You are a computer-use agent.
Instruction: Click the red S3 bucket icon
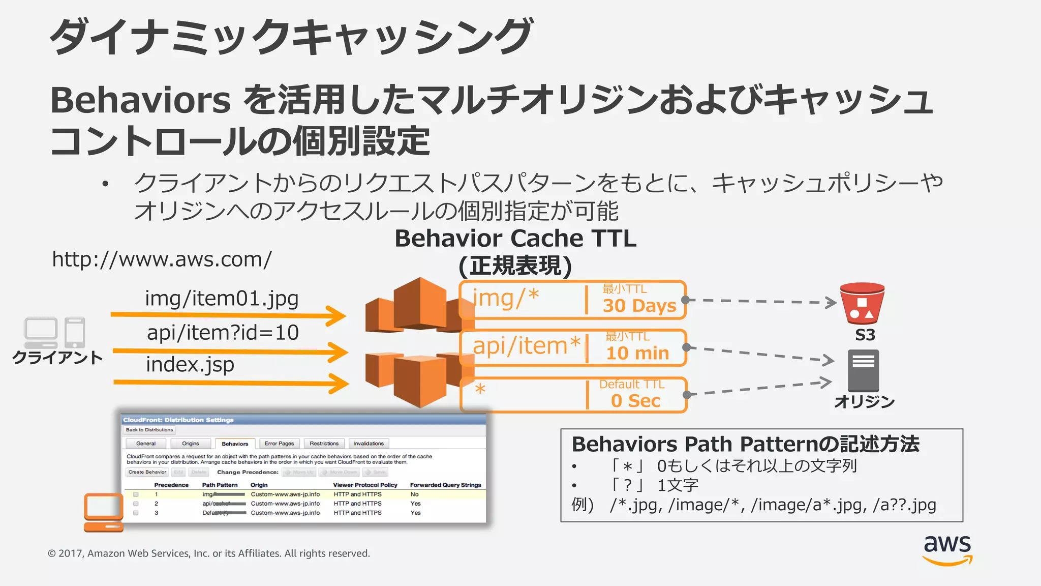point(862,304)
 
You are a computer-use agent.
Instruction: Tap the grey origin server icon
point(863,370)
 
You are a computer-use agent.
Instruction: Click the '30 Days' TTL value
point(639,306)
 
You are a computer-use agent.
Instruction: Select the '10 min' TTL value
point(637,353)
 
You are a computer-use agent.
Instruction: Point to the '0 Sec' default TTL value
point(635,401)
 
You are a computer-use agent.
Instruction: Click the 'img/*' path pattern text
point(506,298)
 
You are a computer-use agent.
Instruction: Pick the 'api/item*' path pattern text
point(527,346)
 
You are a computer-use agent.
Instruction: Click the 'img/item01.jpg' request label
point(222,299)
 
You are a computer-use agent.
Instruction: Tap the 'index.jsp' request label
point(190,365)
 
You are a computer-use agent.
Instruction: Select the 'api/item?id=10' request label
point(223,333)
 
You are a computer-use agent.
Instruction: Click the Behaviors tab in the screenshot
point(235,444)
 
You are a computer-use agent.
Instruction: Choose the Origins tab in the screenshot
point(191,444)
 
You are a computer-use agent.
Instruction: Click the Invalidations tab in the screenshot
point(369,444)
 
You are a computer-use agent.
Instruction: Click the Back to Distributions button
point(149,430)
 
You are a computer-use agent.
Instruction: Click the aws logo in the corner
point(947,549)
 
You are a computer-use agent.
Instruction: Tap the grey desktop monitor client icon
point(41,332)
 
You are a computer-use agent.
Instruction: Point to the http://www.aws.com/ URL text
point(162,259)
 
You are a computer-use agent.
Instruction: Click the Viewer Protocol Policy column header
point(365,485)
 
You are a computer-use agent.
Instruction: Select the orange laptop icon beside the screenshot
point(104,512)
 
